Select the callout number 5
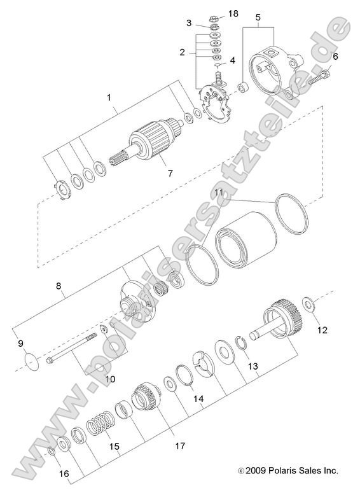click(257, 17)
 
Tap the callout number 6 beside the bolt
click(336, 57)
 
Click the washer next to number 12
click(308, 303)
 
